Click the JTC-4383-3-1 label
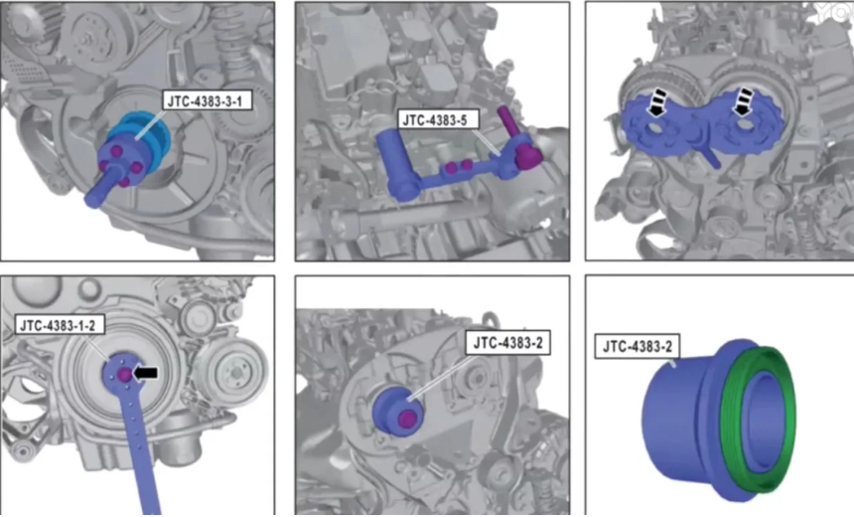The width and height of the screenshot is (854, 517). (x=207, y=100)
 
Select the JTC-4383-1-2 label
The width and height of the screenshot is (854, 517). (x=58, y=325)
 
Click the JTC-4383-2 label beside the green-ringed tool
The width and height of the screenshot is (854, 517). (x=638, y=346)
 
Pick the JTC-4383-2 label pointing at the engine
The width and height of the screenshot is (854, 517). (x=508, y=342)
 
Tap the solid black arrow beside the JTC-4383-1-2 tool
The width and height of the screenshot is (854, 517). (x=145, y=373)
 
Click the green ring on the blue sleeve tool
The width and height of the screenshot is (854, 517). (x=757, y=419)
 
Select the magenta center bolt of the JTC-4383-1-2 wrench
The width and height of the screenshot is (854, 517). (x=125, y=375)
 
